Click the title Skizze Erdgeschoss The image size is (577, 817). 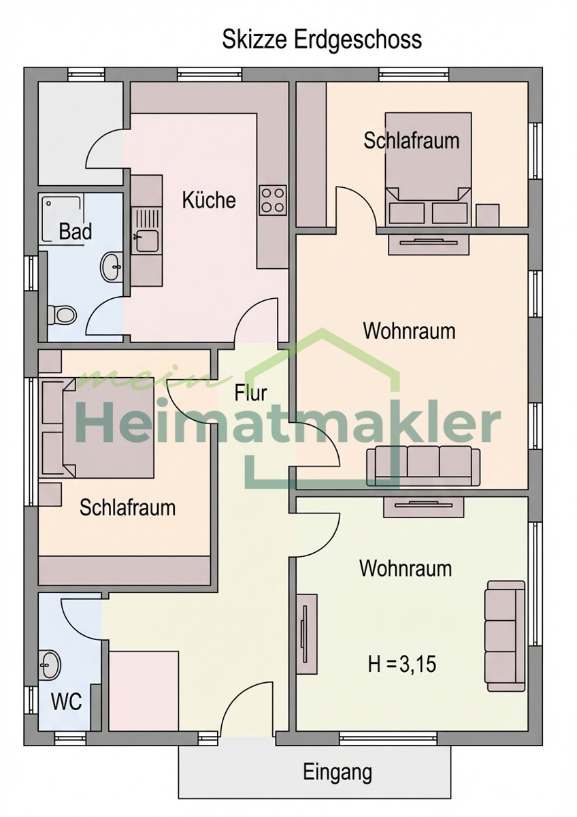point(322,39)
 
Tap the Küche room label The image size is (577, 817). point(209,200)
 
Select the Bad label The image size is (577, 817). point(75,231)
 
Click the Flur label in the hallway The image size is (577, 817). point(250,393)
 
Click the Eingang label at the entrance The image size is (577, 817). point(337,772)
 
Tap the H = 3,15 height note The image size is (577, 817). point(402,664)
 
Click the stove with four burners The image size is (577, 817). point(272,200)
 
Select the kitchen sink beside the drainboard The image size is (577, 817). point(146,240)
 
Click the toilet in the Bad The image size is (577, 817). point(63,315)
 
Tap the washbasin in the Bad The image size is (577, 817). point(111,266)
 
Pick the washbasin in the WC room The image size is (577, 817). point(50,663)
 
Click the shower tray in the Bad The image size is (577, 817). point(62,216)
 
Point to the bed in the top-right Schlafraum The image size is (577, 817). point(428,170)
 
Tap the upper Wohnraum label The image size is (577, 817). point(409,332)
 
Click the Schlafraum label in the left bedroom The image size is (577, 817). point(127,507)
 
